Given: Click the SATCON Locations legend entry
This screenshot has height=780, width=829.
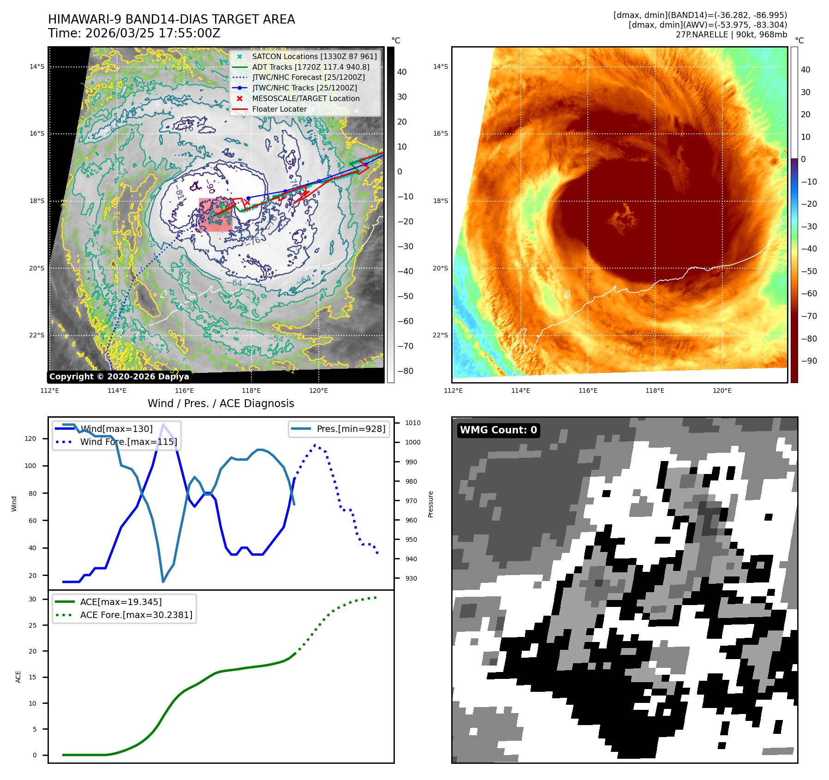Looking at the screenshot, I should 314,56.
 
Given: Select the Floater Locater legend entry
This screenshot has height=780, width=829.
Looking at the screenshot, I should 279,109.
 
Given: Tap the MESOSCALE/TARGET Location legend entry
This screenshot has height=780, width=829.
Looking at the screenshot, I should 305,98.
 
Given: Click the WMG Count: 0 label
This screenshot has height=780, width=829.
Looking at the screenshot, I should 498,430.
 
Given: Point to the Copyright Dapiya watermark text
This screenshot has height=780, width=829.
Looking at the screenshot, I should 119,377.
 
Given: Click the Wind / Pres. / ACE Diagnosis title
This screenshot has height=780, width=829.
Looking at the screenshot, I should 221,403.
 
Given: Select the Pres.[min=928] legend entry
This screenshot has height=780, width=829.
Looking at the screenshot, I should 351,429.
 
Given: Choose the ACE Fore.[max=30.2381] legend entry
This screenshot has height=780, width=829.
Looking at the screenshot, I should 136,615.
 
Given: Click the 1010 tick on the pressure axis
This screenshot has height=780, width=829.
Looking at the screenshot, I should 412,423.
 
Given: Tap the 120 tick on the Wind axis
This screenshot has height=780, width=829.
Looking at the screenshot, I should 30,438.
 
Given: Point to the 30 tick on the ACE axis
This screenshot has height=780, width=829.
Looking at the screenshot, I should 33,599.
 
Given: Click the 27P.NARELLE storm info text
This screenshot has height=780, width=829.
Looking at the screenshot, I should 731,35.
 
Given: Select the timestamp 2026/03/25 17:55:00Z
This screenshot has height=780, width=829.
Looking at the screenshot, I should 134,33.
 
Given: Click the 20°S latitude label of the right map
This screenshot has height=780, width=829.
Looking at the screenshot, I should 440,268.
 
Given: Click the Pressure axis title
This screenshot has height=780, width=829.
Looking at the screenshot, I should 430,504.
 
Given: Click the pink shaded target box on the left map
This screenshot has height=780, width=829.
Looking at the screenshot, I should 215,215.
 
